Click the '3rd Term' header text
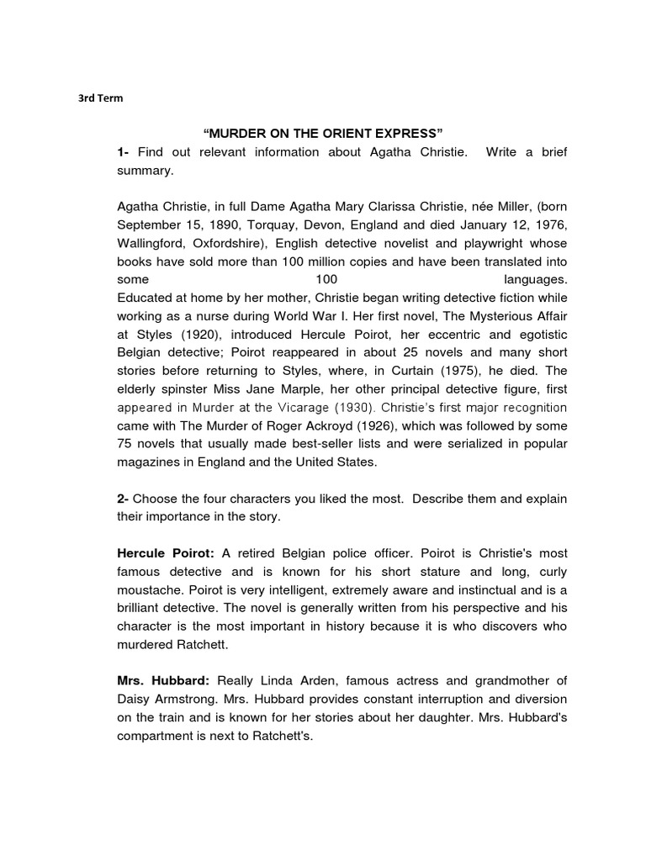100,98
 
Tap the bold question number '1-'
124,152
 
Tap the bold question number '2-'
124,499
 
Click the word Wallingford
154,243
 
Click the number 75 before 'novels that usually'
125,444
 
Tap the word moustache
150,590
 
